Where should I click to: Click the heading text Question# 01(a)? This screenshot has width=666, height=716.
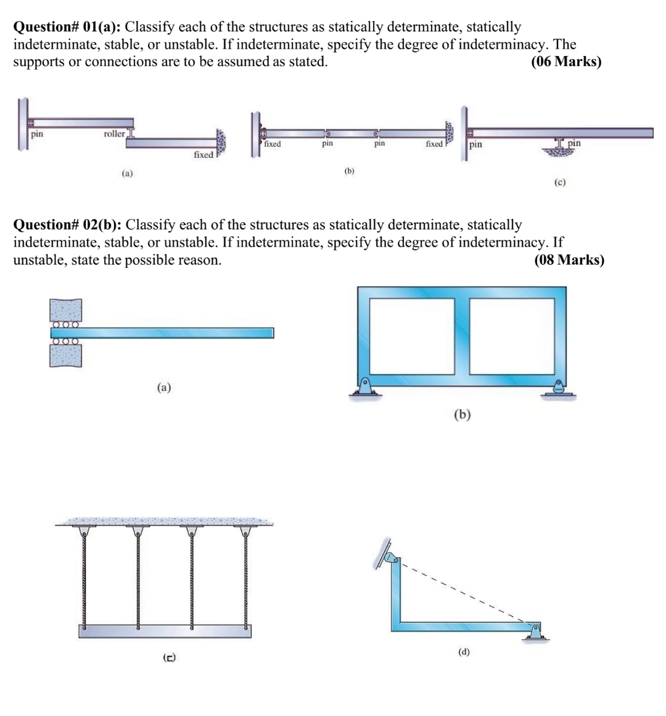tap(67, 27)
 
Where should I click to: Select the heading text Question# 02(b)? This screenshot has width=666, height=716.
tap(67, 224)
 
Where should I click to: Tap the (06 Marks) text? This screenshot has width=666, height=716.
tap(565, 62)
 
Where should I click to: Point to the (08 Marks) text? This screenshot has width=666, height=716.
tap(569, 260)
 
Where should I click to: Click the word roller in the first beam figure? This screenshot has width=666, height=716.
tap(114, 133)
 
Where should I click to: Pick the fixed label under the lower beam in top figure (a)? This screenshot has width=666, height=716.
tap(203, 155)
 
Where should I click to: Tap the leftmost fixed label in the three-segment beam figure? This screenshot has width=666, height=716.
tap(272, 144)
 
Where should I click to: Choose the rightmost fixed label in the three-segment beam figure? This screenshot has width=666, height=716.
tap(434, 144)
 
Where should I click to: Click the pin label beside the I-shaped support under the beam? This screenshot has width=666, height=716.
tap(573, 143)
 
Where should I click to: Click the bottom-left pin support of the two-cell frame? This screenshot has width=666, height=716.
tap(364, 388)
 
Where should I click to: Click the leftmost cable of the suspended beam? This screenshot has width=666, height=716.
tap(83, 577)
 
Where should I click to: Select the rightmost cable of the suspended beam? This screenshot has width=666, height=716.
tap(245, 577)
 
